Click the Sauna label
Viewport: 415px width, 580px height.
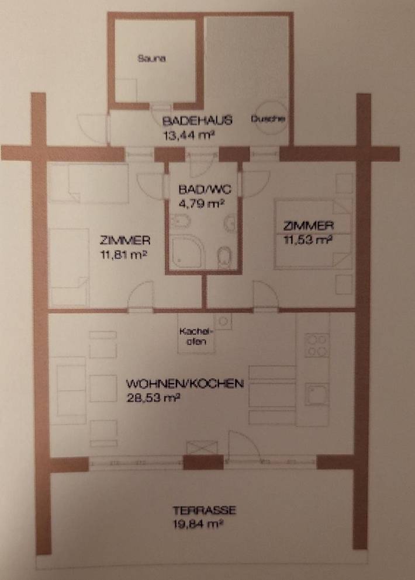pyautogui.click(x=152, y=58)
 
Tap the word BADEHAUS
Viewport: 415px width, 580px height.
pyautogui.click(x=198, y=121)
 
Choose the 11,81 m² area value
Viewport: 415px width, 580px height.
pyautogui.click(x=122, y=254)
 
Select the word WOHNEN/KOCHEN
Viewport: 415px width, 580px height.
pyautogui.click(x=185, y=384)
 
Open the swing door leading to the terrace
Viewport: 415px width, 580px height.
pyautogui.click(x=242, y=444)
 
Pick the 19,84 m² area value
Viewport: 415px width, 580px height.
pyautogui.click(x=197, y=524)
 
